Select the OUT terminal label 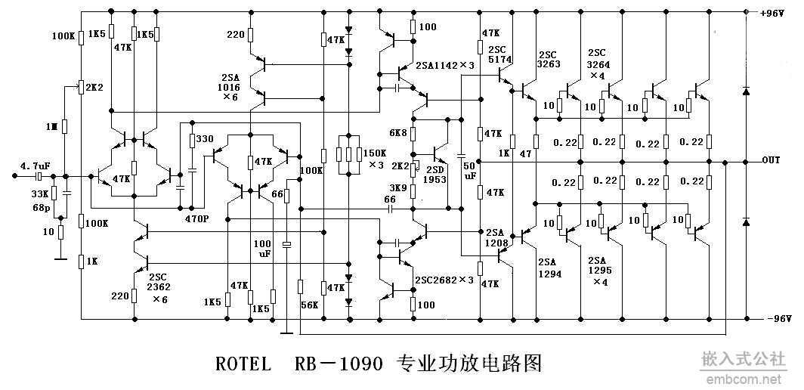[x=771, y=160]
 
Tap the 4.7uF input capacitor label [x=35, y=165]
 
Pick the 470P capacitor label [x=196, y=218]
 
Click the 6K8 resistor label [x=398, y=133]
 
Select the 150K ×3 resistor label [x=375, y=158]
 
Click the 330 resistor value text [x=204, y=139]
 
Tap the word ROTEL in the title [x=243, y=364]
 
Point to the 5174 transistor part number [x=499, y=58]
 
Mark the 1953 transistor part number [x=435, y=179]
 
